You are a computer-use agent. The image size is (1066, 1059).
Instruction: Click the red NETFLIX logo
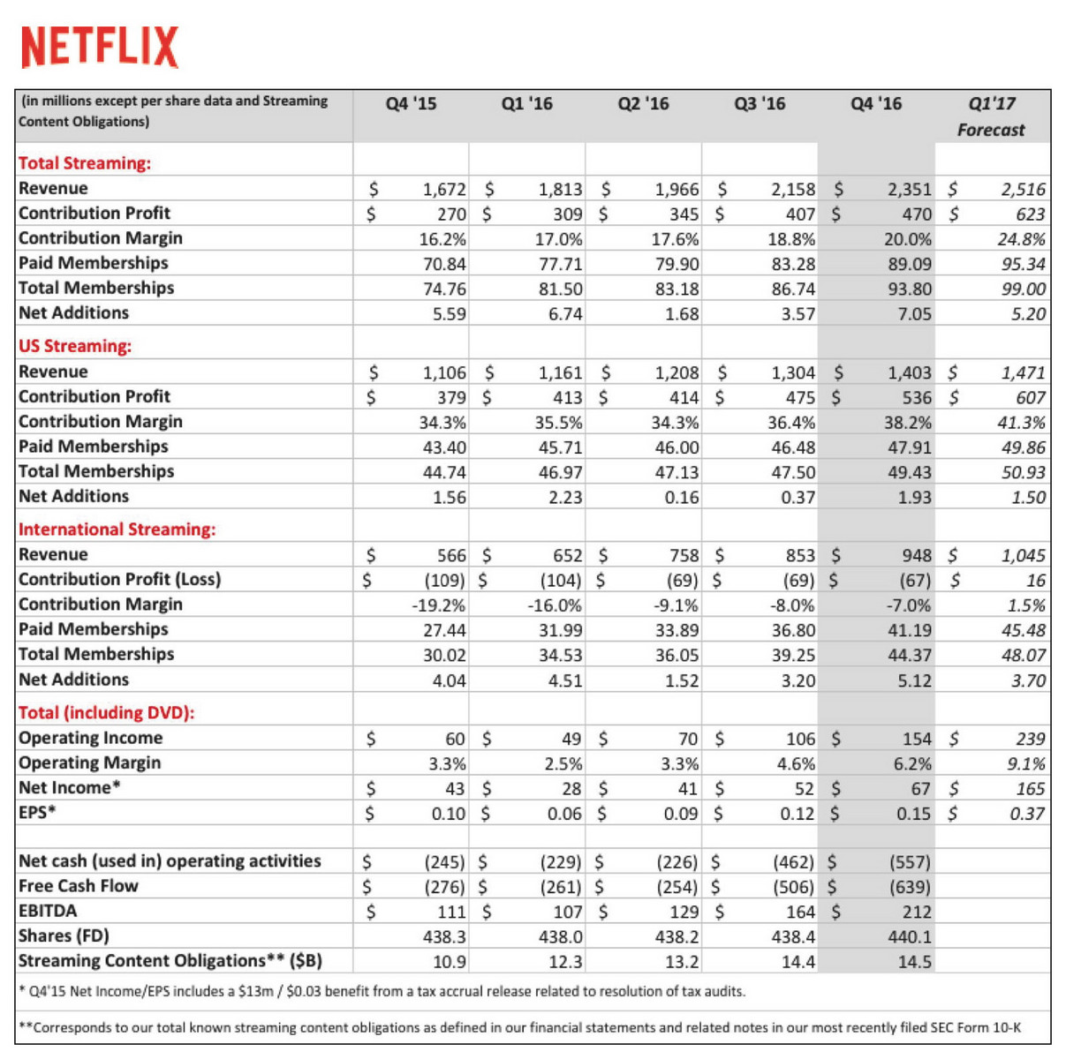click(x=100, y=47)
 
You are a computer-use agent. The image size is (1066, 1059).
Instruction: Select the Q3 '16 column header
click(x=760, y=104)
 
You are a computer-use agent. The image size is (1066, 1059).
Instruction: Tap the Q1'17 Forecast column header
click(x=992, y=116)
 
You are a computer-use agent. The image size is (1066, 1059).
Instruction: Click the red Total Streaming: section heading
click(x=85, y=163)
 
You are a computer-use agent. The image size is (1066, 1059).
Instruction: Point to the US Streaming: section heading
click(x=75, y=346)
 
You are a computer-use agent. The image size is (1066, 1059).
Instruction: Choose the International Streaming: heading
click(x=117, y=529)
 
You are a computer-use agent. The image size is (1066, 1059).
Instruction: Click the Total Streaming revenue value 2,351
click(x=910, y=189)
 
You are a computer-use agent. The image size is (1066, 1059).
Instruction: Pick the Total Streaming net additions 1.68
click(x=682, y=314)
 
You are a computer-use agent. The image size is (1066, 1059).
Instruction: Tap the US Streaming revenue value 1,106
click(x=444, y=372)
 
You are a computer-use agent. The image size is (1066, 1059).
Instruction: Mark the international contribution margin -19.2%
click(x=439, y=605)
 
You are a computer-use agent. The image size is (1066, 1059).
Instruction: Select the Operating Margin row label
click(x=90, y=763)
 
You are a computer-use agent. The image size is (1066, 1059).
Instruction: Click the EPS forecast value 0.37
click(x=1027, y=814)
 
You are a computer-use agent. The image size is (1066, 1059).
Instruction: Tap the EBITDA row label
click(x=48, y=911)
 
